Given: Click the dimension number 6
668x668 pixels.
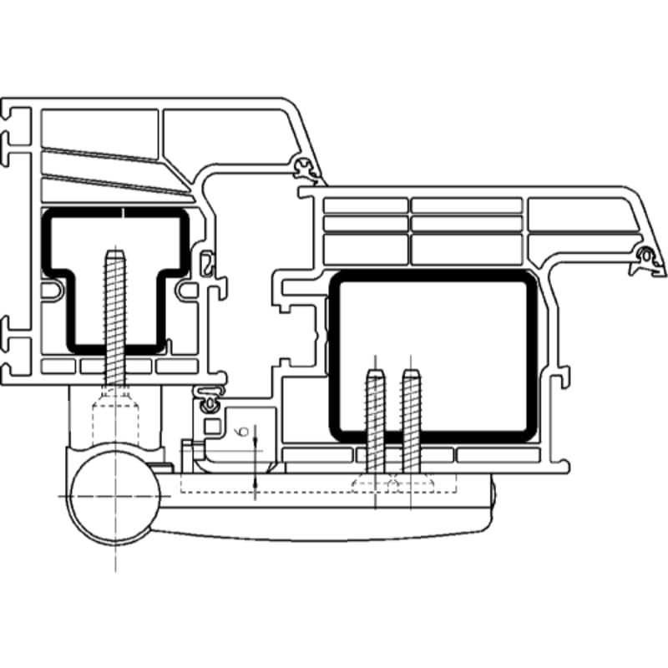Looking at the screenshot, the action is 243,431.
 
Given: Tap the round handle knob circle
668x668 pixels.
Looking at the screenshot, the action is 115,497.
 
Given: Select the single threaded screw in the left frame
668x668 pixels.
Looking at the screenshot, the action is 115,318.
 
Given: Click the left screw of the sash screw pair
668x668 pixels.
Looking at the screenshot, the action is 375,421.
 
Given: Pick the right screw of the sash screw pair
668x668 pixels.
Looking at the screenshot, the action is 411,421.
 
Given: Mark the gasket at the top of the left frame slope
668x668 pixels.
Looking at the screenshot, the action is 306,168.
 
